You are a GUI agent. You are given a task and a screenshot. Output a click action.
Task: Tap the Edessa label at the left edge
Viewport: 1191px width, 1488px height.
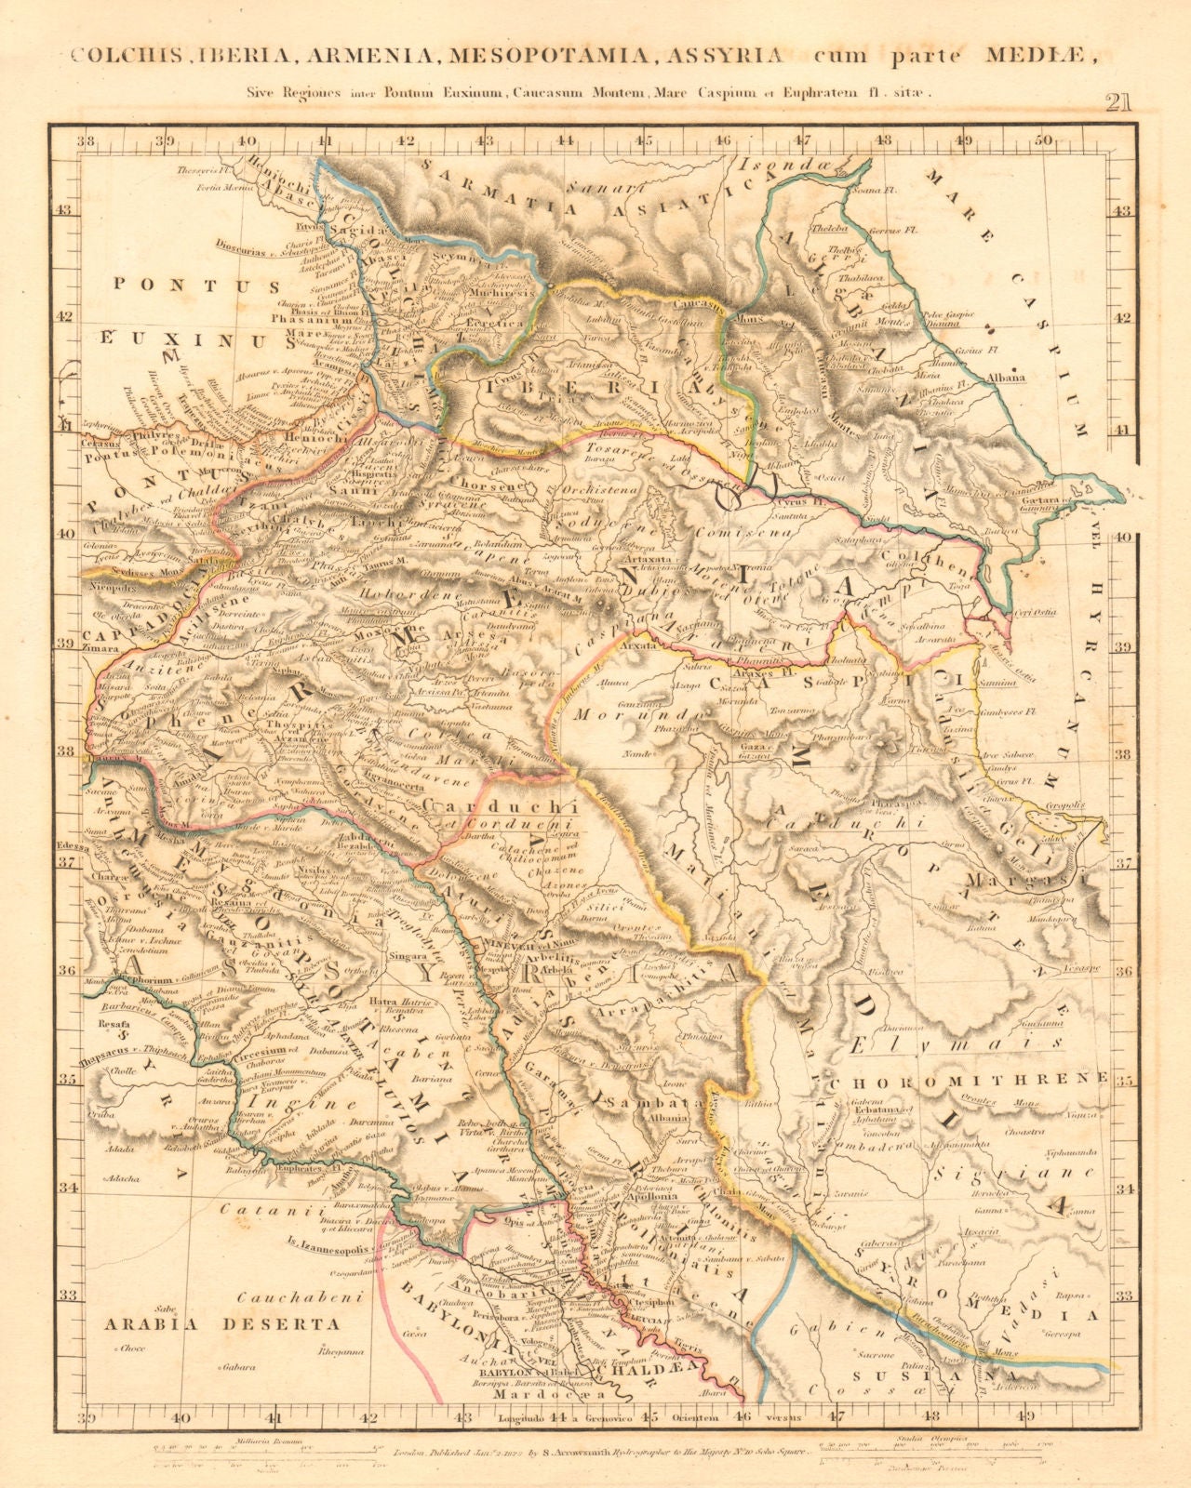click(71, 848)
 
